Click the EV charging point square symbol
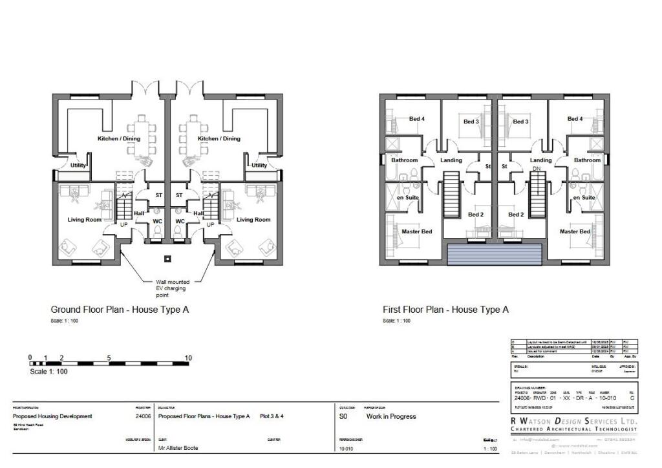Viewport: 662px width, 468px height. click(167, 259)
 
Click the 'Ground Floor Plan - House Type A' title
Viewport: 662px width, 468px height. click(120, 310)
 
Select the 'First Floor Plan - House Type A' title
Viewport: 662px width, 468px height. click(445, 310)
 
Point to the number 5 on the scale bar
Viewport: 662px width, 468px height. click(109, 357)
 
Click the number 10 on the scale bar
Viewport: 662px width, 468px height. click(188, 357)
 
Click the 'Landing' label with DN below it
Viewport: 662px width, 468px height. click(540, 160)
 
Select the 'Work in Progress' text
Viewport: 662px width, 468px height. click(391, 417)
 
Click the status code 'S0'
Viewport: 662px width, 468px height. click(343, 417)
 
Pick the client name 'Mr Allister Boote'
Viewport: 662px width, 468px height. click(178, 448)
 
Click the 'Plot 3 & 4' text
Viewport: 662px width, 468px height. click(272, 416)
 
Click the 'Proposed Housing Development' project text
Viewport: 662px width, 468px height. click(52, 416)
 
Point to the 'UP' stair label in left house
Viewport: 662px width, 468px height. click(124, 225)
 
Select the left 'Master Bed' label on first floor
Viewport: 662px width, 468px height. click(416, 231)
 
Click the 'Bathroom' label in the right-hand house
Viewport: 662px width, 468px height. click(587, 160)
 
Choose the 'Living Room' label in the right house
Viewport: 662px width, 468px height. click(253, 220)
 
